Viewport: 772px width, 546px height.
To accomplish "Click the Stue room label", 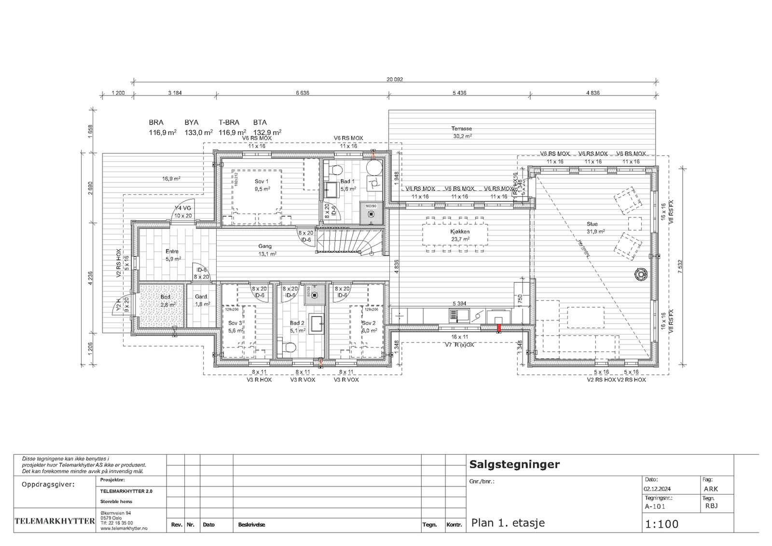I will (592, 224).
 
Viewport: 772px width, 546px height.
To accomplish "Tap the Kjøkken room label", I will (460, 232).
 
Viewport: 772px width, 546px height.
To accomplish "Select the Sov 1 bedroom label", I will (262, 181).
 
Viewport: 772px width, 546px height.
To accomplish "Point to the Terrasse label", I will (461, 129).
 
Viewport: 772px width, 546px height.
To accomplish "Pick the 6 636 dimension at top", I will (302, 93).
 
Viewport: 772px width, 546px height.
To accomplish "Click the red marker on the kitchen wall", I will (499, 328).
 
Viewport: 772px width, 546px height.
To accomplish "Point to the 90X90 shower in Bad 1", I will (371, 212).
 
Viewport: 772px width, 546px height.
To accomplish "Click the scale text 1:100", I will (662, 524).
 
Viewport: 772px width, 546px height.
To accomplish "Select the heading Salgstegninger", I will (514, 464).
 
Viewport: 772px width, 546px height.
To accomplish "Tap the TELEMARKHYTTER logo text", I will (55, 521).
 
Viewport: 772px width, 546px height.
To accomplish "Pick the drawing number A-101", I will (655, 506).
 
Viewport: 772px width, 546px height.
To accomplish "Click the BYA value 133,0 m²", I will (198, 132).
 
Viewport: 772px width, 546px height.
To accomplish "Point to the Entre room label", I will (172, 251).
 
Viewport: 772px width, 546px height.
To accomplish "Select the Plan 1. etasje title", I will (508, 523).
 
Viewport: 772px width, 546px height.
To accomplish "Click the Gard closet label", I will (201, 297).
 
